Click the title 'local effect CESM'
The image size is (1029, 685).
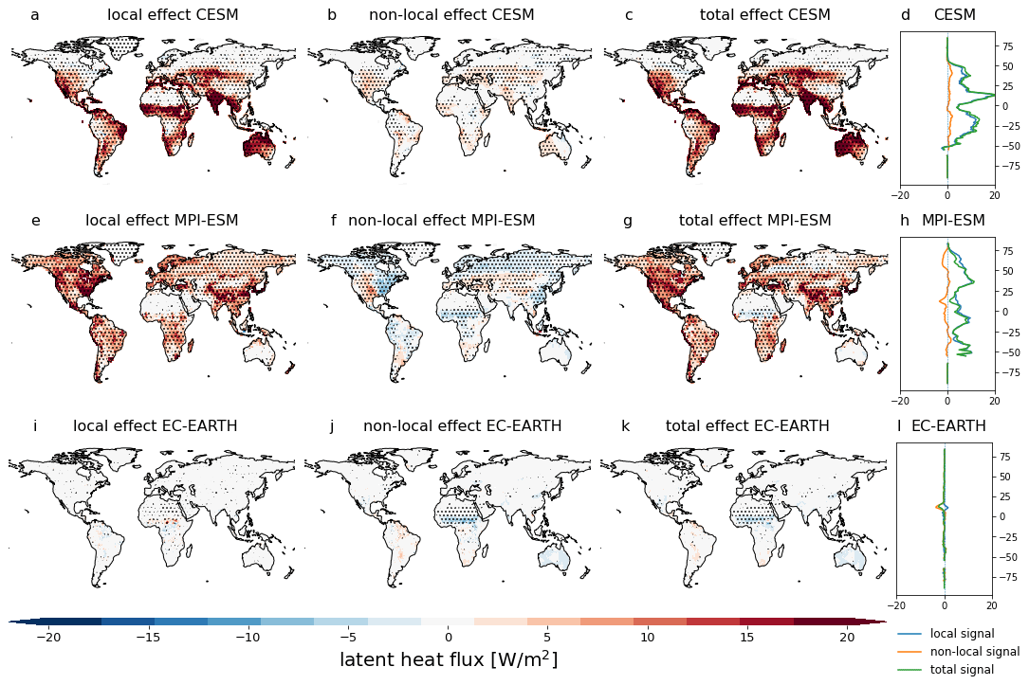coord(173,15)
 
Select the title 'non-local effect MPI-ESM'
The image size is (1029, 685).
coord(441,221)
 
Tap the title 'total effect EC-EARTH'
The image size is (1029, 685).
coord(747,426)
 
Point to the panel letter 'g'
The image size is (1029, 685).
coord(627,222)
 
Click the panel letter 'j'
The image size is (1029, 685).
coord(331,426)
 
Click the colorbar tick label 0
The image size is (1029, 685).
coord(448,638)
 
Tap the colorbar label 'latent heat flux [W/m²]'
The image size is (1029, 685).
coord(448,660)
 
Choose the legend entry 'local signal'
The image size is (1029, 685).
coord(962,634)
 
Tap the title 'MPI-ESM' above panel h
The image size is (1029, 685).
coord(952,221)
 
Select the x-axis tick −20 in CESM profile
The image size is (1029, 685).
coord(901,194)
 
